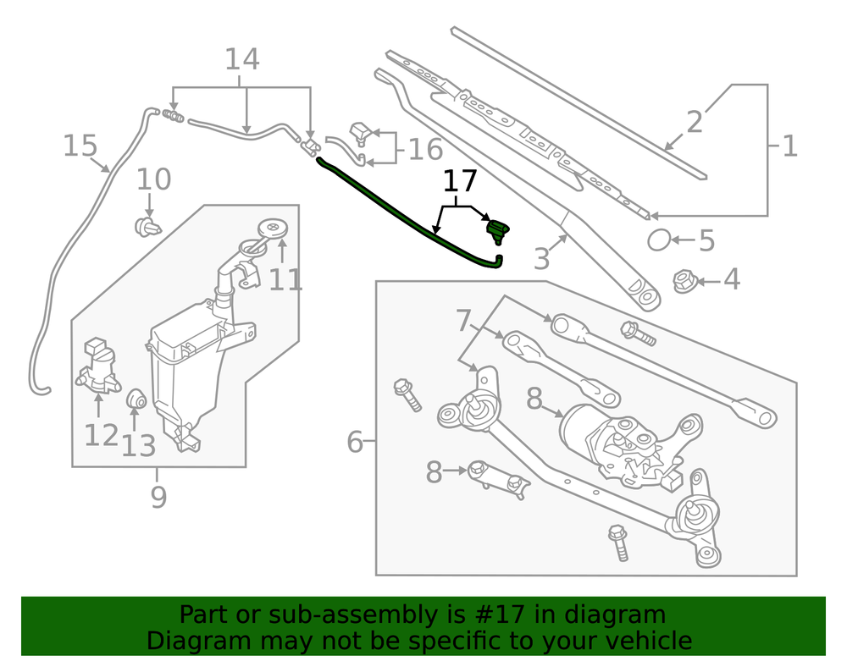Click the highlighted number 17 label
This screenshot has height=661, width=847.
pyautogui.click(x=460, y=181)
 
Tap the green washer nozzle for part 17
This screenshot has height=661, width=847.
pyautogui.click(x=497, y=229)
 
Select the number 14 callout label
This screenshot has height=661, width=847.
pyautogui.click(x=241, y=60)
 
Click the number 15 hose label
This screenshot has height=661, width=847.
pyautogui.click(x=80, y=146)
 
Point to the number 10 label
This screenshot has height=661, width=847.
pyautogui.click(x=153, y=179)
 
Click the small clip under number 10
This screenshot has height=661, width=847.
pyautogui.click(x=148, y=226)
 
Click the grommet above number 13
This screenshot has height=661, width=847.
pyautogui.click(x=136, y=399)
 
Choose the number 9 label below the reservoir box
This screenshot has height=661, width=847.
pyautogui.click(x=158, y=497)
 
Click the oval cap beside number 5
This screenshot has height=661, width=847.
pyautogui.click(x=659, y=240)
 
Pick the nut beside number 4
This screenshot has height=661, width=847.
pyautogui.click(x=684, y=280)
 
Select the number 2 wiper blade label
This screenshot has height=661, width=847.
pyautogui.click(x=695, y=122)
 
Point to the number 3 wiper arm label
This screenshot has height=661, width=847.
pyautogui.click(x=542, y=258)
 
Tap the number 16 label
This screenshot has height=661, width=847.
pyautogui.click(x=425, y=150)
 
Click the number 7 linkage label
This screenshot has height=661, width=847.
pyautogui.click(x=462, y=321)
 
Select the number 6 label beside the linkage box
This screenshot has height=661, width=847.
pyautogui.click(x=355, y=441)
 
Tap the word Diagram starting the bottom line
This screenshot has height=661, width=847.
pyautogui.click(x=187, y=641)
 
